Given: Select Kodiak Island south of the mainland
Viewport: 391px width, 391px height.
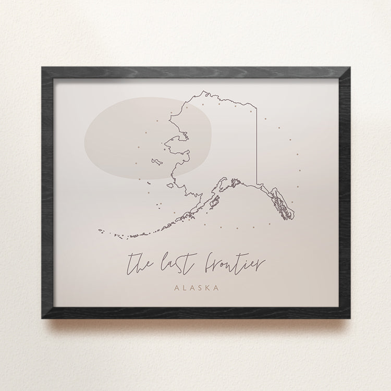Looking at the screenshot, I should pyautogui.click(x=212, y=202).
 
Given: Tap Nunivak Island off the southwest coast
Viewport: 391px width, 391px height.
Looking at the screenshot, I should pyautogui.click(x=147, y=182).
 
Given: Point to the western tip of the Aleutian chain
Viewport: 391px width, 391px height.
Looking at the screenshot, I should pyautogui.click(x=98, y=231).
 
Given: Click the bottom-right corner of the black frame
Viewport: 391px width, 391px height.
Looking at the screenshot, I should pyautogui.click(x=349, y=316).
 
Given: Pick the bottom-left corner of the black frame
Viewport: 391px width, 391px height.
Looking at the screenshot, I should pyautogui.click(x=42, y=316).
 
